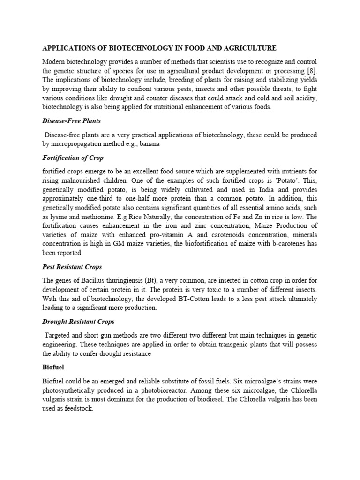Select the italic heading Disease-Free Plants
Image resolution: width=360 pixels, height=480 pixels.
click(x=71, y=121)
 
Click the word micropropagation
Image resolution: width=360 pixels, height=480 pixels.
click(x=80, y=144)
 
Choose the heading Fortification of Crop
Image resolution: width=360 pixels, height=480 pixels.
click(x=73, y=158)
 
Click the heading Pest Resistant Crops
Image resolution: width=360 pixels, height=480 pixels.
click(x=72, y=267)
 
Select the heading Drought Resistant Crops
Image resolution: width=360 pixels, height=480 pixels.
click(x=78, y=322)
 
